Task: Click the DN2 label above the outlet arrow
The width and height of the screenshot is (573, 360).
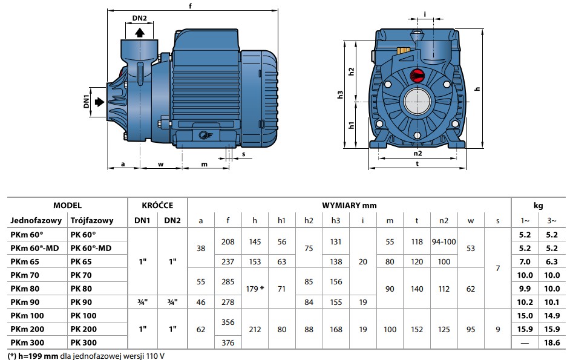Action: [x=139, y=18]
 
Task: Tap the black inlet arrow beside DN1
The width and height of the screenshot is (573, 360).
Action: [x=99, y=102]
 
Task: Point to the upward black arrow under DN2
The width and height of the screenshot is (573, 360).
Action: [x=140, y=33]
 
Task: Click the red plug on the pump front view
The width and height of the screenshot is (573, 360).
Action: [x=417, y=76]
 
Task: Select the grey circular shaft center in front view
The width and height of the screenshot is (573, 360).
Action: [x=417, y=101]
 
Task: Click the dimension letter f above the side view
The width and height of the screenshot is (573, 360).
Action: [x=190, y=6]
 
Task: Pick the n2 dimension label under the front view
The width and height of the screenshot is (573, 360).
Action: [x=417, y=154]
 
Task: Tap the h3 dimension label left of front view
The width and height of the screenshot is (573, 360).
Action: [x=340, y=94]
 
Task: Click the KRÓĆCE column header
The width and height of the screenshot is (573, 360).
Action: [x=157, y=205]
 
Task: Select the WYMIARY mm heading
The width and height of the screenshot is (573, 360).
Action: [x=349, y=205]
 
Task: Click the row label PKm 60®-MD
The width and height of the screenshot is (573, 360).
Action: [x=34, y=248]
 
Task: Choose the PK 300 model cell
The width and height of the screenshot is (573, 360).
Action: [x=83, y=343]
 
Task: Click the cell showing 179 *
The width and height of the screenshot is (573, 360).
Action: [x=255, y=289]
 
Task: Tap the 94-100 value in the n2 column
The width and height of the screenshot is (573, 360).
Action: [x=444, y=241]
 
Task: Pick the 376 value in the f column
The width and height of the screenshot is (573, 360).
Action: [x=228, y=343]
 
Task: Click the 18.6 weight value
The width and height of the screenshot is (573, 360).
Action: [x=552, y=343]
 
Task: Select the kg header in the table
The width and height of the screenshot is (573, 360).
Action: [x=539, y=206]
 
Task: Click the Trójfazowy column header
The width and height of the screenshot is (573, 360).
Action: [x=92, y=220]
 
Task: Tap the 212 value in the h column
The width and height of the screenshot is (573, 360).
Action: [x=255, y=329]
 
